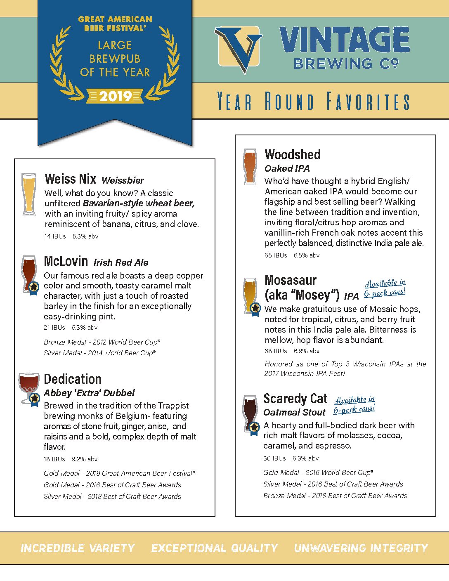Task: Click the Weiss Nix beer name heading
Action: (70, 179)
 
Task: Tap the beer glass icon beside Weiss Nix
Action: (28, 194)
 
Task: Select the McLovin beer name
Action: (66, 261)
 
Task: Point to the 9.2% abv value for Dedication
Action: (85, 459)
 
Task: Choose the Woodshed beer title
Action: (293, 155)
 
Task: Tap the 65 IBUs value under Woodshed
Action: (276, 255)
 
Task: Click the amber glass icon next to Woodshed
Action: (250, 166)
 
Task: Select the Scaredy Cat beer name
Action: (295, 399)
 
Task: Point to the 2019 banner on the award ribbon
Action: (115, 97)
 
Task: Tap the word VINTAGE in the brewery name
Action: (345, 40)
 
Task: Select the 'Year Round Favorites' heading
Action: (314, 102)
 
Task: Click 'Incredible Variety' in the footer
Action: (78, 548)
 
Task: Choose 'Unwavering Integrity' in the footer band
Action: (361, 548)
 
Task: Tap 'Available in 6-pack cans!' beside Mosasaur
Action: (385, 288)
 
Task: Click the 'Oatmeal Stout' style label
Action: (294, 412)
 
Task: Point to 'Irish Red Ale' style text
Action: (121, 262)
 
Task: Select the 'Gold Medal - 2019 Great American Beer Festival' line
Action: (119, 473)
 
